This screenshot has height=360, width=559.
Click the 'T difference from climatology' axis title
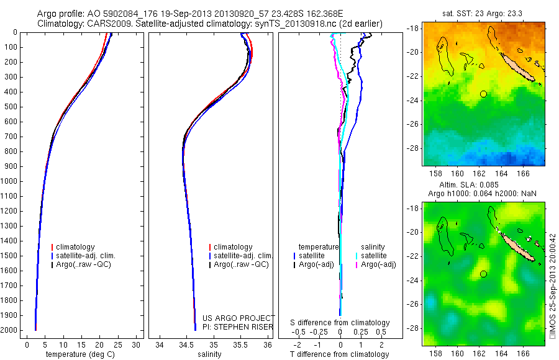pos(340,354)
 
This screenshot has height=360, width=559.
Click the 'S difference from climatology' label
pos(340,323)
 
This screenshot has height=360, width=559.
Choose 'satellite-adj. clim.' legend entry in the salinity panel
pos(243,256)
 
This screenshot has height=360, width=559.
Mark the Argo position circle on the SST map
pos(483,94)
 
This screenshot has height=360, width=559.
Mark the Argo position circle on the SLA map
pos(483,274)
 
